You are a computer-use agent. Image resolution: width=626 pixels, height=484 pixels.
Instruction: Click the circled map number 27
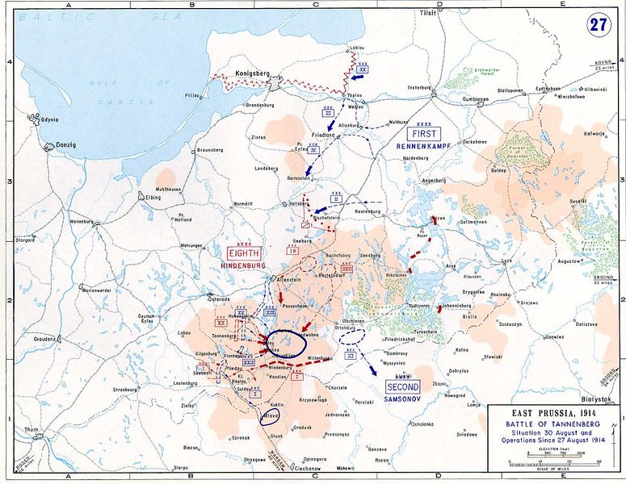pyautogui.click(x=599, y=23)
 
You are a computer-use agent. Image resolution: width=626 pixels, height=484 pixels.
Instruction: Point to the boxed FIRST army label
pyautogui.click(x=422, y=134)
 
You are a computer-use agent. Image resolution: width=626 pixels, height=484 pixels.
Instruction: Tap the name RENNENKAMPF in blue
pyautogui.click(x=422, y=147)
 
